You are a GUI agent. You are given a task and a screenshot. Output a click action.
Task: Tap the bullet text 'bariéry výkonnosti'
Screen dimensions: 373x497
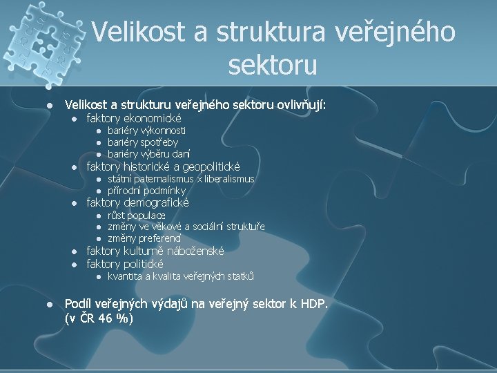tap(146, 130)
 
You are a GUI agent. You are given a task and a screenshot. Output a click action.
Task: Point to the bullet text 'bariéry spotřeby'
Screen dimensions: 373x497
tap(142, 142)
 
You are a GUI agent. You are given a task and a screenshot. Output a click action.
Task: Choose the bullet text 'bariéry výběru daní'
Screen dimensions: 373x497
tap(148, 153)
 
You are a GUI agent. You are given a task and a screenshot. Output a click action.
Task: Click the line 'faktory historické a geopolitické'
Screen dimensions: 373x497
tap(163, 166)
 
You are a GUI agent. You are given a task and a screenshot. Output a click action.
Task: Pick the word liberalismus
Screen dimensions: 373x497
tap(229, 179)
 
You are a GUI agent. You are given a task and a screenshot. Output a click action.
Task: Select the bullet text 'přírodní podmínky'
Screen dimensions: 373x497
tap(146, 191)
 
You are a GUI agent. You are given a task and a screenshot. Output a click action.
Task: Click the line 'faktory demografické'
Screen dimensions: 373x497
tap(137, 203)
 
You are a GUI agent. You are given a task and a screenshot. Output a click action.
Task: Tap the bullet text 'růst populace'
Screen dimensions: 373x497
tap(136, 216)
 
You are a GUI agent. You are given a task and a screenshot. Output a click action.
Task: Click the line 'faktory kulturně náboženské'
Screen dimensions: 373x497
tap(154, 251)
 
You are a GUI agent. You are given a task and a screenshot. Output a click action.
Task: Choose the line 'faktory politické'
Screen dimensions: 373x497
tap(125, 264)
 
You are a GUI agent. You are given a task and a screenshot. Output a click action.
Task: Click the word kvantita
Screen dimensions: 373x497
tap(125, 276)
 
